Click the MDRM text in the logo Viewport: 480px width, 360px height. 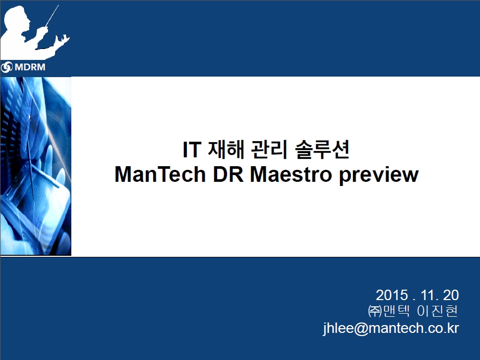click(30, 67)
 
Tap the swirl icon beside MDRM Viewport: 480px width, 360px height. click(7, 67)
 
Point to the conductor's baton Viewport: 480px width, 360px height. click(52, 16)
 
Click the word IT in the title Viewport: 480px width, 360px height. click(192, 150)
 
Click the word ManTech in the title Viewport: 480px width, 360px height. click(160, 175)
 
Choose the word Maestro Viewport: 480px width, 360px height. click(291, 175)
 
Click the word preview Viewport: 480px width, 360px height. click(378, 176)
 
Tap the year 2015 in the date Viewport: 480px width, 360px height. click(392, 295)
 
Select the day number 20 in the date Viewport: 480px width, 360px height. click(451, 295)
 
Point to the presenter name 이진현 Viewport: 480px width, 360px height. click(437, 311)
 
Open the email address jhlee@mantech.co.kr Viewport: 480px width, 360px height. click(391, 328)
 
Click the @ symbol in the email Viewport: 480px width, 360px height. click(361, 329)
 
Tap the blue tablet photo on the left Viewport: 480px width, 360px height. click(36, 166)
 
